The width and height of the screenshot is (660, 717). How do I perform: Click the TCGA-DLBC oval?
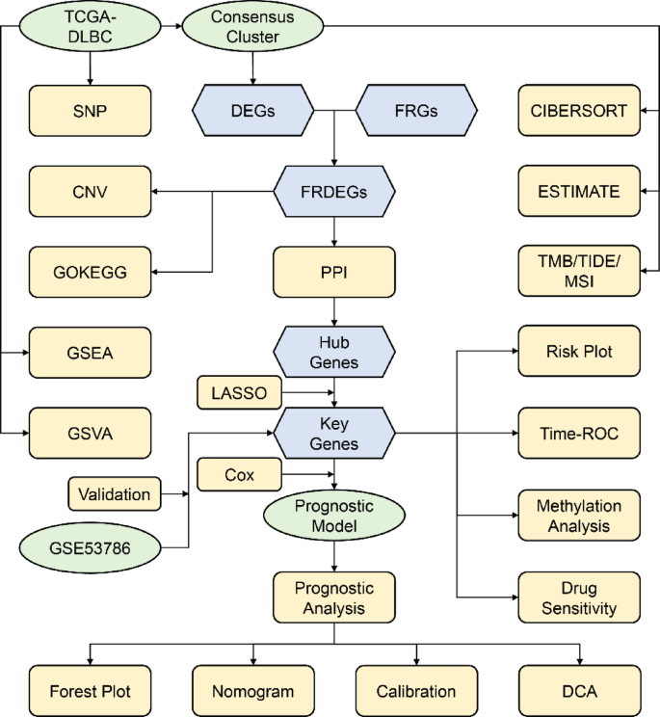coord(90,26)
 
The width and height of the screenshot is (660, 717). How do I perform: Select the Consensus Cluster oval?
coord(253,26)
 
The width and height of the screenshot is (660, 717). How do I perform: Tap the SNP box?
coord(91,110)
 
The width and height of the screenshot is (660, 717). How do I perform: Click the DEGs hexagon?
coord(253,110)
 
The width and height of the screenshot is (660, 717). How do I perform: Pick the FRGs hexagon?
coord(417,110)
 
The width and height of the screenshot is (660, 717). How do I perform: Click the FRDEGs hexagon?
coord(334,190)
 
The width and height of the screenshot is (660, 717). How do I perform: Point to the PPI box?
coord(334,271)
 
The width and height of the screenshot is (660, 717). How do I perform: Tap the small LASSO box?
coord(239,392)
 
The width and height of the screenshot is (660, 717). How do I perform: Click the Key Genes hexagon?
coord(334,434)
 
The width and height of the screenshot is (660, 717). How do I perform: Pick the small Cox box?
coord(239,474)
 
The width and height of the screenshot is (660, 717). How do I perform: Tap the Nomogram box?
coord(253,689)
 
